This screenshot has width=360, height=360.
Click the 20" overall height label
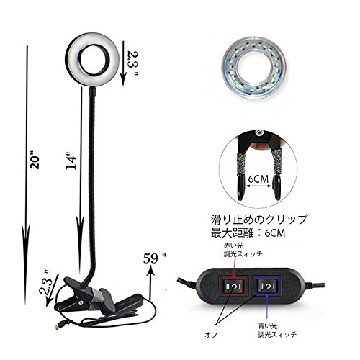tap(35, 160)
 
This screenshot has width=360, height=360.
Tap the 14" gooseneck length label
tap(71, 161)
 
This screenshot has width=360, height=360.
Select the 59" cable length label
tap(155, 258)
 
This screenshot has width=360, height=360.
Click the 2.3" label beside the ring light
tap(132, 63)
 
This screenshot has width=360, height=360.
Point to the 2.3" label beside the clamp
tap(45, 282)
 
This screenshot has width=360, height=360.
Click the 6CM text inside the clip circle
tap(258, 179)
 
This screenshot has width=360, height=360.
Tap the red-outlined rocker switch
tap(233, 286)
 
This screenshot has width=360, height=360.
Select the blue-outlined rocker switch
tap(267, 286)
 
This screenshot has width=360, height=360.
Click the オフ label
tap(211, 334)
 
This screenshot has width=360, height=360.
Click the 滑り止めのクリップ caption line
tap(259, 219)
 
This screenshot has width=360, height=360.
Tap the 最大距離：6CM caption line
tap(248, 233)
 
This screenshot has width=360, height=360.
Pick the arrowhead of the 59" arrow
tap(150, 272)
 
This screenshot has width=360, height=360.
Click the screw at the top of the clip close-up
tap(258, 132)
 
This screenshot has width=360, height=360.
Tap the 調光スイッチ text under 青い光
tap(277, 334)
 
